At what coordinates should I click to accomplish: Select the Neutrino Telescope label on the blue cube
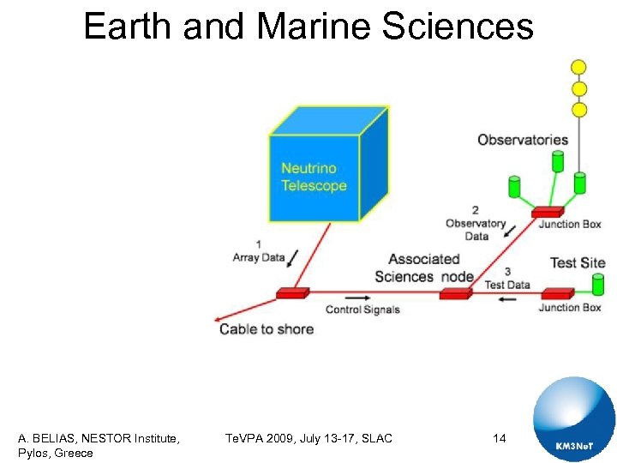(314, 177)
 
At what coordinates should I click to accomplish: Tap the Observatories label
(523, 140)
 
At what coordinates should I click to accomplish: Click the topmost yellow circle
(579, 67)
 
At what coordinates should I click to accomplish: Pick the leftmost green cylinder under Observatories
(515, 186)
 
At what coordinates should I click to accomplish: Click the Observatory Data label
(476, 225)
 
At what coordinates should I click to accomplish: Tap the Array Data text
(258, 257)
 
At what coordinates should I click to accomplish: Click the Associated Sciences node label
(423, 268)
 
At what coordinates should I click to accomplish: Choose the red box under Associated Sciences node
(455, 293)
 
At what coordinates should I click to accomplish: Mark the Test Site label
(577, 262)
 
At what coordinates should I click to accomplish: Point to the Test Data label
(507, 284)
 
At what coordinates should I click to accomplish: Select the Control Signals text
(362, 310)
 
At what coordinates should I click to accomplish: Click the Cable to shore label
(267, 329)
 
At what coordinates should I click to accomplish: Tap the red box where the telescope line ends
(292, 293)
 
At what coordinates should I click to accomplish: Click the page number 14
(500, 438)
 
